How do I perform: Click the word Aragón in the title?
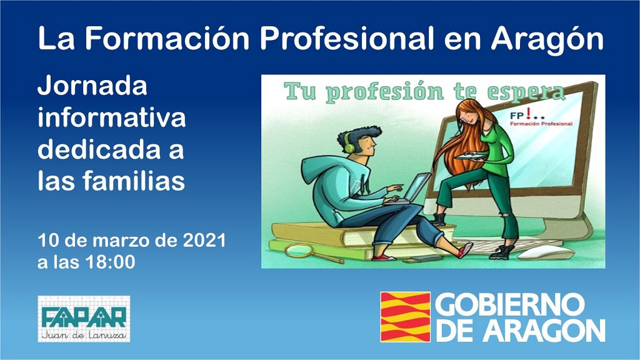tap(547, 39)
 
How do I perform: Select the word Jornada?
tap(92, 86)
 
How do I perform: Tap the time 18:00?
tap(111, 262)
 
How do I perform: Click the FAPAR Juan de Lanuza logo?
tap(84, 319)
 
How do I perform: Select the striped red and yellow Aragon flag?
tap(405, 317)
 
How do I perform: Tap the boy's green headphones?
tap(348, 142)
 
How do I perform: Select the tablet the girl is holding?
tap(470, 156)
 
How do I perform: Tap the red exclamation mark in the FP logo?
tap(529, 114)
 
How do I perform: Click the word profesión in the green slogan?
tap(385, 92)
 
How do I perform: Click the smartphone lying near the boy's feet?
tap(422, 258)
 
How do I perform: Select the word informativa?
tap(111, 118)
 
